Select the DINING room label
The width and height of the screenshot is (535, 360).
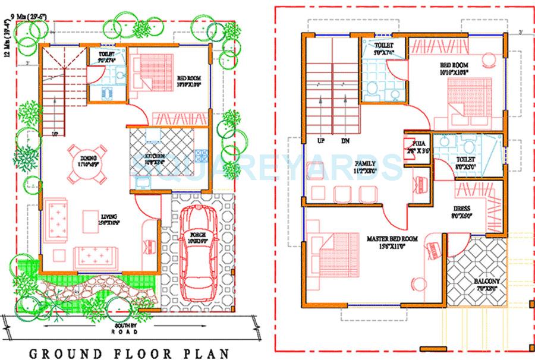87,158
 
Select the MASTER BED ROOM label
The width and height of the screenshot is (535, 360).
392,238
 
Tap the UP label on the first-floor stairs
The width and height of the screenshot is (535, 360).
321,141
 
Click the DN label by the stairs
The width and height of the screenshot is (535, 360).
346,141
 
